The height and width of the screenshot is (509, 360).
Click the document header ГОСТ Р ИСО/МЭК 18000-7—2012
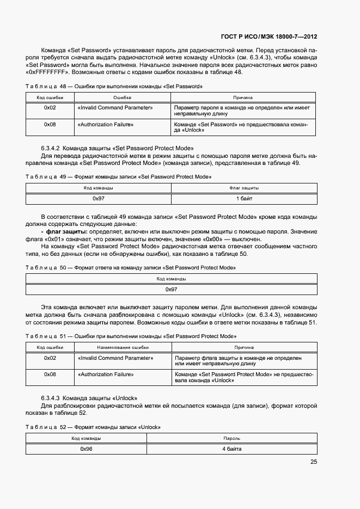point(269,36)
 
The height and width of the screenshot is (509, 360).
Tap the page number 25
point(313,462)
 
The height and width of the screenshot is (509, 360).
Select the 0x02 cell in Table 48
point(50,108)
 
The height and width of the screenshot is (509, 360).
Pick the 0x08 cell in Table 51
point(50,375)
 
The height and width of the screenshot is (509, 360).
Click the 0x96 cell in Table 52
point(86,449)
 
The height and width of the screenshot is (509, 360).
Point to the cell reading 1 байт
point(244,199)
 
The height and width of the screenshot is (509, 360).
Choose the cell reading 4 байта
point(231,449)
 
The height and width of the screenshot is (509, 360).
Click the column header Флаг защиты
point(244,188)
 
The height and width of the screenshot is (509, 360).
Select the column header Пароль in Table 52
point(231,438)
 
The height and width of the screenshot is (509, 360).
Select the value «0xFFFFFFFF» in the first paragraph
point(46,72)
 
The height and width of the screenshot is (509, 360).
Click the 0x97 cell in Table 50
point(171,289)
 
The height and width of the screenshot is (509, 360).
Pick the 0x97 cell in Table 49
point(99,199)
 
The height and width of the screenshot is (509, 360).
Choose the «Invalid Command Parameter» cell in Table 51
point(115,358)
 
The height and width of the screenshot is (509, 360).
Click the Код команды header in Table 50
point(171,279)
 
